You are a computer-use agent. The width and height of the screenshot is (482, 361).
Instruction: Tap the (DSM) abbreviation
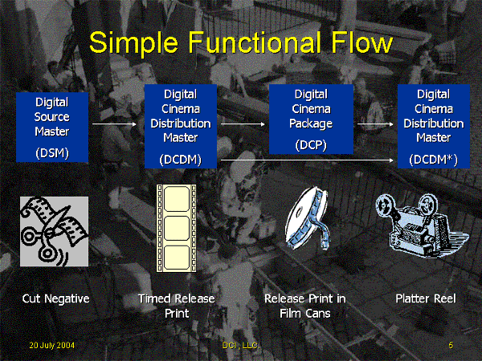pos(52,152)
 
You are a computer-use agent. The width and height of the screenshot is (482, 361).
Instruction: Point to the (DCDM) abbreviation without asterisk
pos(181,160)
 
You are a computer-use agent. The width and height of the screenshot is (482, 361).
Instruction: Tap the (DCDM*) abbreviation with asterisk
pos(433,160)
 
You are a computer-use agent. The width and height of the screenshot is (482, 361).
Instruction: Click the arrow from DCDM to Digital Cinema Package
pos(243,124)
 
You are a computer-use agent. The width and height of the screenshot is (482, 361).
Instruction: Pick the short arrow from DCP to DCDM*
pos(375,124)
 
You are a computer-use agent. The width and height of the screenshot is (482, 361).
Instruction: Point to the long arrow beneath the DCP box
pos(309,160)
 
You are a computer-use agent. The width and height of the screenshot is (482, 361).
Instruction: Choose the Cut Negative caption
pos(55,299)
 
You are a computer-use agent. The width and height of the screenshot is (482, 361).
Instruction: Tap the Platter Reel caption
pos(426,299)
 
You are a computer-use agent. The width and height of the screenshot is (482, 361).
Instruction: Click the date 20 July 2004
pos(51,344)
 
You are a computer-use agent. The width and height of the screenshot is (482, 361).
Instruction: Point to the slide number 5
pos(451,344)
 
